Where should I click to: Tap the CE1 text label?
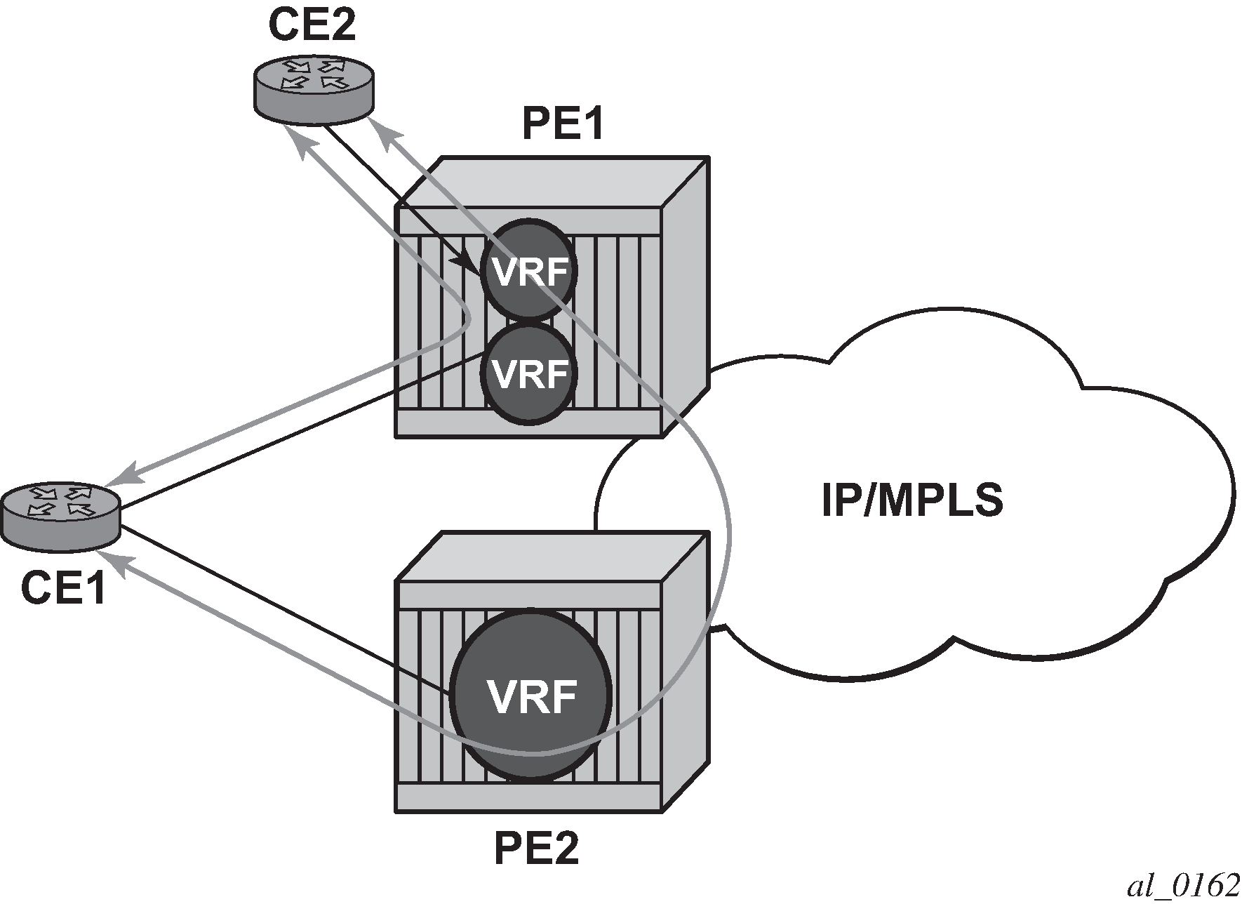[x=63, y=587]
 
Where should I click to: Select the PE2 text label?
[x=537, y=849]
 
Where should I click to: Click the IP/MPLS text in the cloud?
[x=912, y=500]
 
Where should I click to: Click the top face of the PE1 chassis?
[x=554, y=181]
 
